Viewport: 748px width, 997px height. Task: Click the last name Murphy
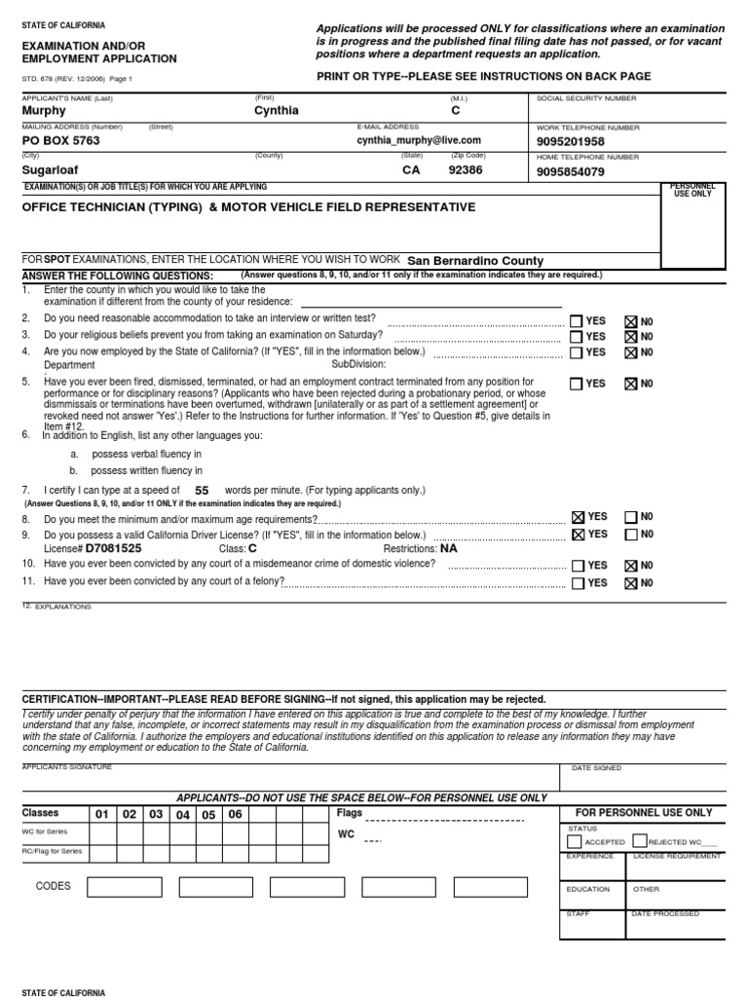coord(44,111)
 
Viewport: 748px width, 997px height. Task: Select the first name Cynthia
coord(276,111)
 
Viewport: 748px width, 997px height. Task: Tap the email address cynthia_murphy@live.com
coord(419,140)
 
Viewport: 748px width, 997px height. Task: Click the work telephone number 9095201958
coord(570,142)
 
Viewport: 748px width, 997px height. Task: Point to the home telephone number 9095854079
coord(570,172)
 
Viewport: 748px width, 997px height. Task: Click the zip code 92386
coord(465,169)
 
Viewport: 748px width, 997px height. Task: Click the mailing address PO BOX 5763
coord(60,140)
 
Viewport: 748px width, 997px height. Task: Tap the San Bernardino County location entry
coord(475,261)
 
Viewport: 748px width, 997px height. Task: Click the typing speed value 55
coord(202,491)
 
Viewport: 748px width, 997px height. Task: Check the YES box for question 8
coord(579,518)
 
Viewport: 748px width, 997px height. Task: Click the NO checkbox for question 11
coord(630,583)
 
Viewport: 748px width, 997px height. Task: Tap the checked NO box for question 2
coord(630,321)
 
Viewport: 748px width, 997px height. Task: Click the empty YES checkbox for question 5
coord(578,384)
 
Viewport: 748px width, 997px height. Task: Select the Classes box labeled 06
coord(235,814)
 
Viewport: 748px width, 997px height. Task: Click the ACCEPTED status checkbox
coord(574,841)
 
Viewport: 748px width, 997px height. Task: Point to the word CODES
coord(54,886)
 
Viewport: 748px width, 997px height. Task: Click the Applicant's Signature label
coord(66,767)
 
